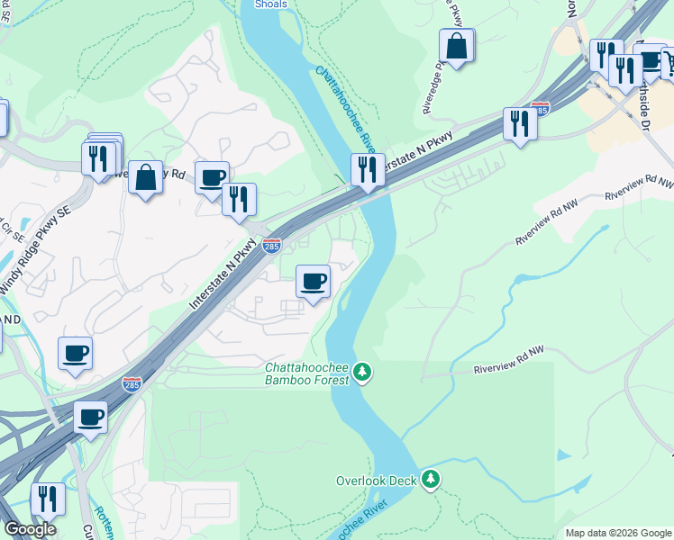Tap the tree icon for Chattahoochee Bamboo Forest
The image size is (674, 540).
click(x=362, y=372)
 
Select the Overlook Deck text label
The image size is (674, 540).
click(x=376, y=481)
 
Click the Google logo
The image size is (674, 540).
click(x=30, y=529)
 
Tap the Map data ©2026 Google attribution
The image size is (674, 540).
click(x=618, y=533)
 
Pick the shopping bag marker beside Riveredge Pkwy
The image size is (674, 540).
click(x=457, y=47)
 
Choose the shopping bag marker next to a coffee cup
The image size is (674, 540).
click(x=145, y=177)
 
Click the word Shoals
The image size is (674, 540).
click(x=270, y=4)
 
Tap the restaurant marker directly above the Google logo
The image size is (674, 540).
click(x=48, y=500)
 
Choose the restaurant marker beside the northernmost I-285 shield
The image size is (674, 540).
click(x=519, y=123)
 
